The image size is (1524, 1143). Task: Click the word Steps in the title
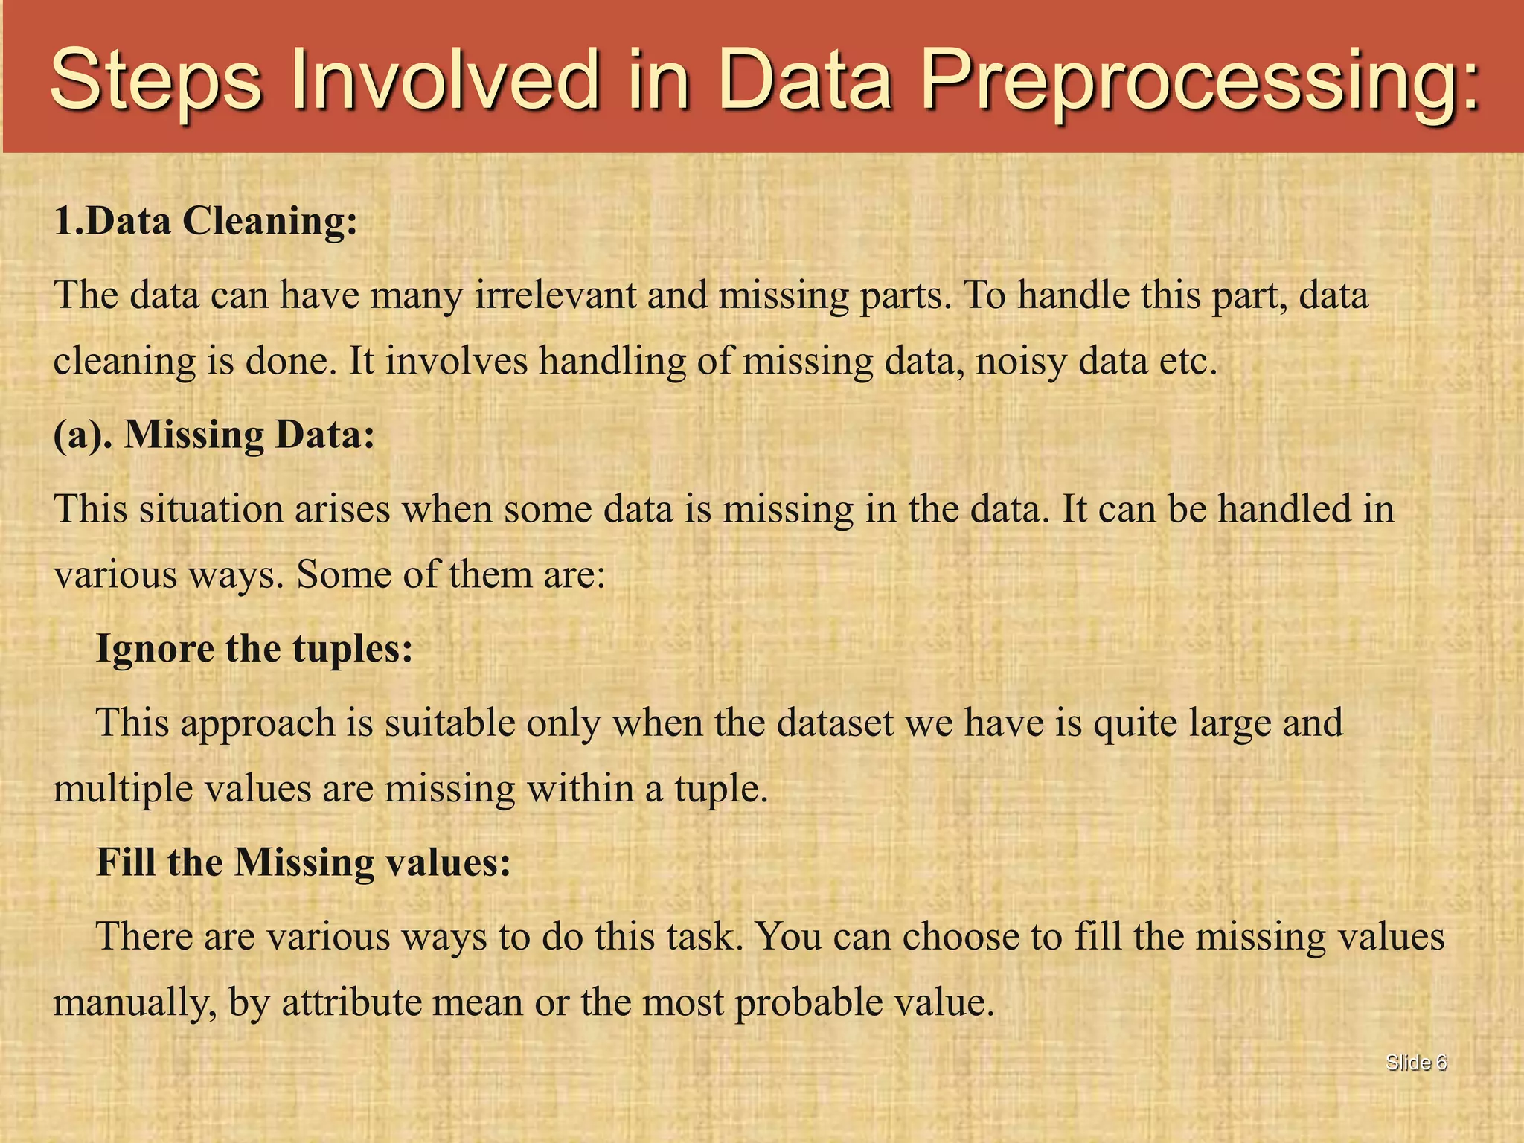point(156,80)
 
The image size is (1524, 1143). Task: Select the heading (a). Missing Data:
point(214,435)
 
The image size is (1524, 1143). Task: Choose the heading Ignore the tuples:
point(254,649)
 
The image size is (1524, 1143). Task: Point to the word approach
point(257,723)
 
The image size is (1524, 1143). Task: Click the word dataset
point(835,723)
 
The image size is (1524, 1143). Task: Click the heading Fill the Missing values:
point(304,862)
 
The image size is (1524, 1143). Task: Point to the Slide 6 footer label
point(1416,1063)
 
